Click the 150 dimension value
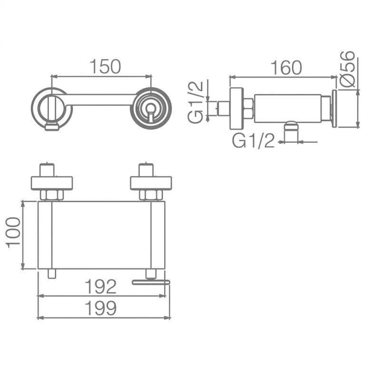pyautogui.click(x=105, y=67)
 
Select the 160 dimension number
pyautogui.click(x=286, y=68)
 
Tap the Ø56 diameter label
pyautogui.click(x=347, y=69)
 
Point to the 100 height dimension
pyautogui.click(x=13, y=232)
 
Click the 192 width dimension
pyautogui.click(x=100, y=286)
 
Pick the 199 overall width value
pyautogui.click(x=100, y=308)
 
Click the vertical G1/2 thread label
pyautogui.click(x=195, y=102)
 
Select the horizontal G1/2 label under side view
pyautogui.click(x=254, y=141)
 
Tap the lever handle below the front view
pyautogui.click(x=151, y=282)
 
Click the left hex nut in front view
pyautogui.click(x=52, y=195)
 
